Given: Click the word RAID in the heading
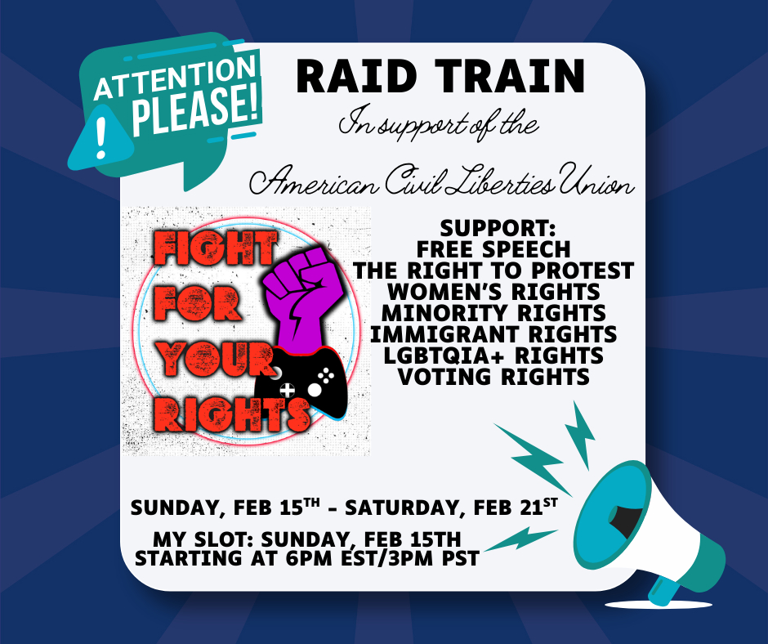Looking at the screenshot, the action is coord(357,76).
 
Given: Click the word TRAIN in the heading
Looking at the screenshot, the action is coord(510,76).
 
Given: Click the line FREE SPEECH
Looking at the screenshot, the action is coord(493,249).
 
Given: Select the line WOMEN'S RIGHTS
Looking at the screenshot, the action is coord(493,292).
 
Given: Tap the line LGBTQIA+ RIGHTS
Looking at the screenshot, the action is coord(493,356).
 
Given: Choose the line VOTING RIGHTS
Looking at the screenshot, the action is coord(493,377).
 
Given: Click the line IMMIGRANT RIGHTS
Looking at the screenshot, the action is coord(493,334).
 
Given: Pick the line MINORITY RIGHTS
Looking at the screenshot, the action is coord(493,313).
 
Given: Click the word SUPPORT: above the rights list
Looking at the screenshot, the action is coord(498,228).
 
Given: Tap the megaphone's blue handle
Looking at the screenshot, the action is coord(666,589).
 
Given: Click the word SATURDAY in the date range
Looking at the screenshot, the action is coord(405,508).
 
